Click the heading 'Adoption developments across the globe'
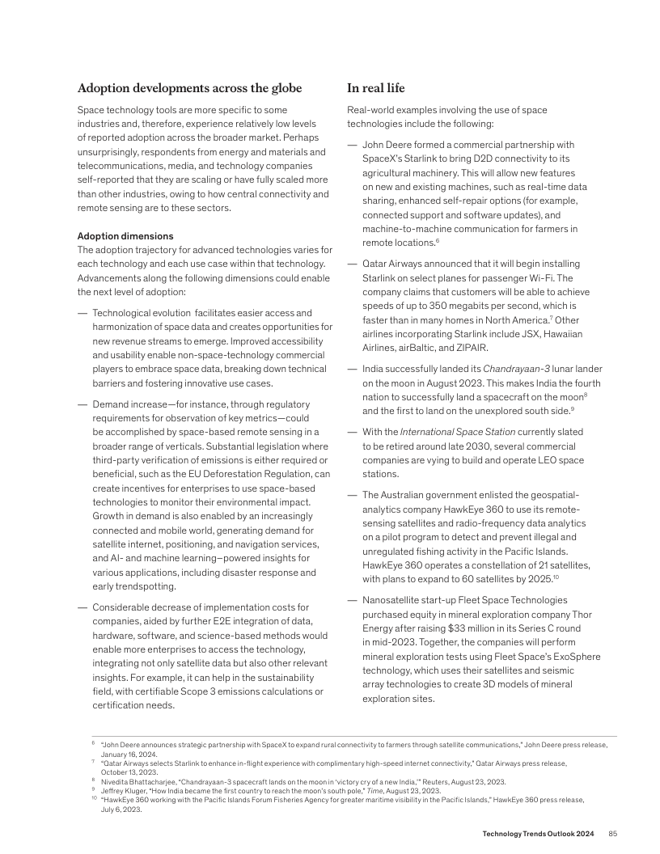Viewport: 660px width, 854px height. (189, 88)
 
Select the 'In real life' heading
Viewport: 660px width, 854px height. (376, 88)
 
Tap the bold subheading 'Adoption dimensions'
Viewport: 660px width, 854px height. (125, 236)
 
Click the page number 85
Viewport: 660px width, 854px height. (613, 834)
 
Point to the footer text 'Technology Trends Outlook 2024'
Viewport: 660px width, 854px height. (539, 834)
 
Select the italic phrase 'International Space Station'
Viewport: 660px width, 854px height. (451, 432)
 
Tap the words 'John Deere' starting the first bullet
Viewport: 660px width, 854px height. (387, 145)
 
